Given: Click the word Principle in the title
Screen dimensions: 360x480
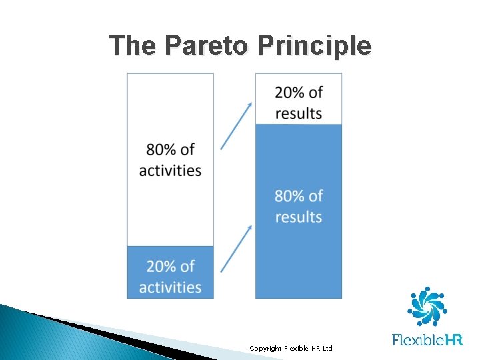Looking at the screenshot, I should pyautogui.click(x=313, y=45).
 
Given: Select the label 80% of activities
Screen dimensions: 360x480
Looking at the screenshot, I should pyautogui.click(x=171, y=159).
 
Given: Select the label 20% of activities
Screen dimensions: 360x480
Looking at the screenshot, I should pyautogui.click(x=171, y=277).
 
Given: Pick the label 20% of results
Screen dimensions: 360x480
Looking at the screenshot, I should pyautogui.click(x=299, y=103).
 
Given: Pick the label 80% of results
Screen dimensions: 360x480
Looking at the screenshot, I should pyautogui.click(x=299, y=206).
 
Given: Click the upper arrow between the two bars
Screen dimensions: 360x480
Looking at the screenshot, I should pyautogui.click(x=236, y=125).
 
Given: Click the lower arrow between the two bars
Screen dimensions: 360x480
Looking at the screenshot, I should pyautogui.click(x=236, y=248).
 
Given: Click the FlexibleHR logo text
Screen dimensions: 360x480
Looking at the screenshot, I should pyautogui.click(x=427, y=341).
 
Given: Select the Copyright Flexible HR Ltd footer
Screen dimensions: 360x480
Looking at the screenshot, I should pyautogui.click(x=291, y=349).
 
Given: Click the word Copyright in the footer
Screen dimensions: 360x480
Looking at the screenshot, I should pyautogui.click(x=264, y=349).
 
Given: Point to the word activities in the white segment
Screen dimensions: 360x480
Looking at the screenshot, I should pyautogui.click(x=171, y=170).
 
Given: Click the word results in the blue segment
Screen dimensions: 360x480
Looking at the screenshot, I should pyautogui.click(x=299, y=217).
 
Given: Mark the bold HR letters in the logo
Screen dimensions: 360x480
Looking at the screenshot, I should pyautogui.click(x=452, y=341).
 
